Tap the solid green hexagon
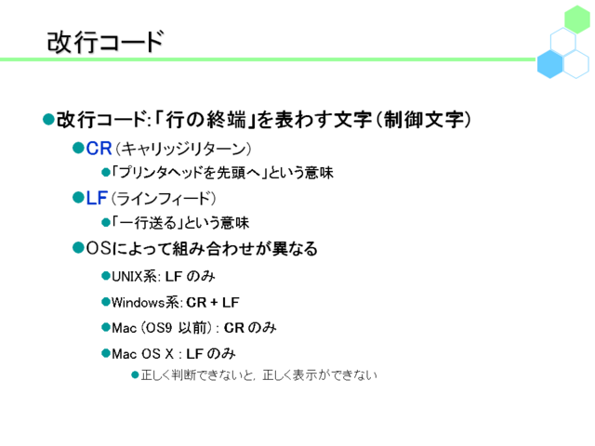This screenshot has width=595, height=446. coord(576,20)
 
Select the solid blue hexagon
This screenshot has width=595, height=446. coord(549,64)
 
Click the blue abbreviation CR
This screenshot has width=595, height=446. coord(99,149)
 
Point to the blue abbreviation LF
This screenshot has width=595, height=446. coord(97,198)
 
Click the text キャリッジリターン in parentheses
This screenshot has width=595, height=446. coord(183,149)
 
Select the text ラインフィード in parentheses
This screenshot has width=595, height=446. coord(164,199)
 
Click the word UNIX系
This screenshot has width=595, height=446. coord(134,277)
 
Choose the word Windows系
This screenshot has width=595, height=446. coord(145,302)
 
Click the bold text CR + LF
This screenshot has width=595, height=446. coord(213,302)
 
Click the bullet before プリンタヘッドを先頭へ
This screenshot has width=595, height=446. coord(106,173)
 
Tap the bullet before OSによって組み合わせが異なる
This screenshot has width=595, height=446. coord(78,248)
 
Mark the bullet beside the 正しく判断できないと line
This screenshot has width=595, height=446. coord(135,375)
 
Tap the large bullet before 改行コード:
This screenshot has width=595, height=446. coord(48,119)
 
